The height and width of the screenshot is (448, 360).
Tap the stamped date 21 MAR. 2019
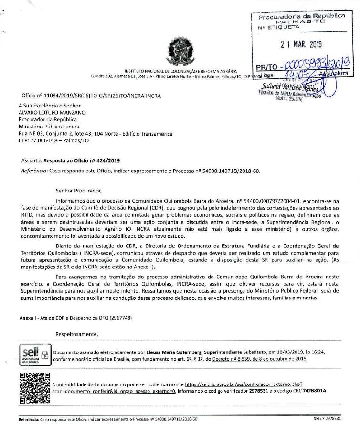point(301,44)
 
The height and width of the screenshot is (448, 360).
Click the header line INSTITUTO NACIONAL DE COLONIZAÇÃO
point(180,71)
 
